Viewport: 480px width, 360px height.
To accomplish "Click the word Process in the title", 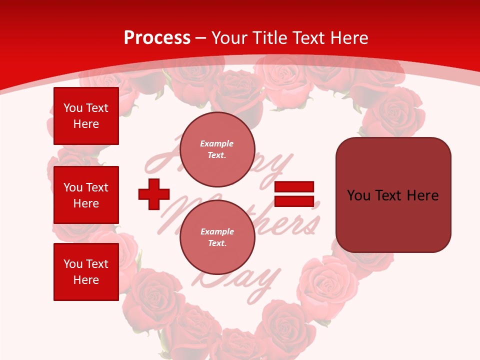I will [157, 38].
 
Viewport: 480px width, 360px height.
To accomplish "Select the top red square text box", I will [86, 116].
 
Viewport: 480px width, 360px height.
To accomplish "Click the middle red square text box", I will [86, 195].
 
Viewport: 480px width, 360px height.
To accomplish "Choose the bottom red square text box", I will [86, 272].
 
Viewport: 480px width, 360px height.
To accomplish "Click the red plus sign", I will [154, 194].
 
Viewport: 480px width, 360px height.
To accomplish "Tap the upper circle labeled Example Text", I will [217, 149].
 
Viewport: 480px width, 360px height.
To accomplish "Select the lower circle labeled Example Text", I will [217, 237].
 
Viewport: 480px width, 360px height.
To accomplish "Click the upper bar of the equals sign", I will [294, 186].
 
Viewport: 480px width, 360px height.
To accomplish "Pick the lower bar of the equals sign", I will [294, 201].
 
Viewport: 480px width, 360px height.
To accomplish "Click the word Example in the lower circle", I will [217, 231].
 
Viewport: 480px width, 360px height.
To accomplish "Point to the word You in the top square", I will [73, 108].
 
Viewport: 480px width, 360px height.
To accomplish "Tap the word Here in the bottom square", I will [86, 280].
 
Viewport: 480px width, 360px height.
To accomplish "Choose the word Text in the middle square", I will [97, 187].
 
